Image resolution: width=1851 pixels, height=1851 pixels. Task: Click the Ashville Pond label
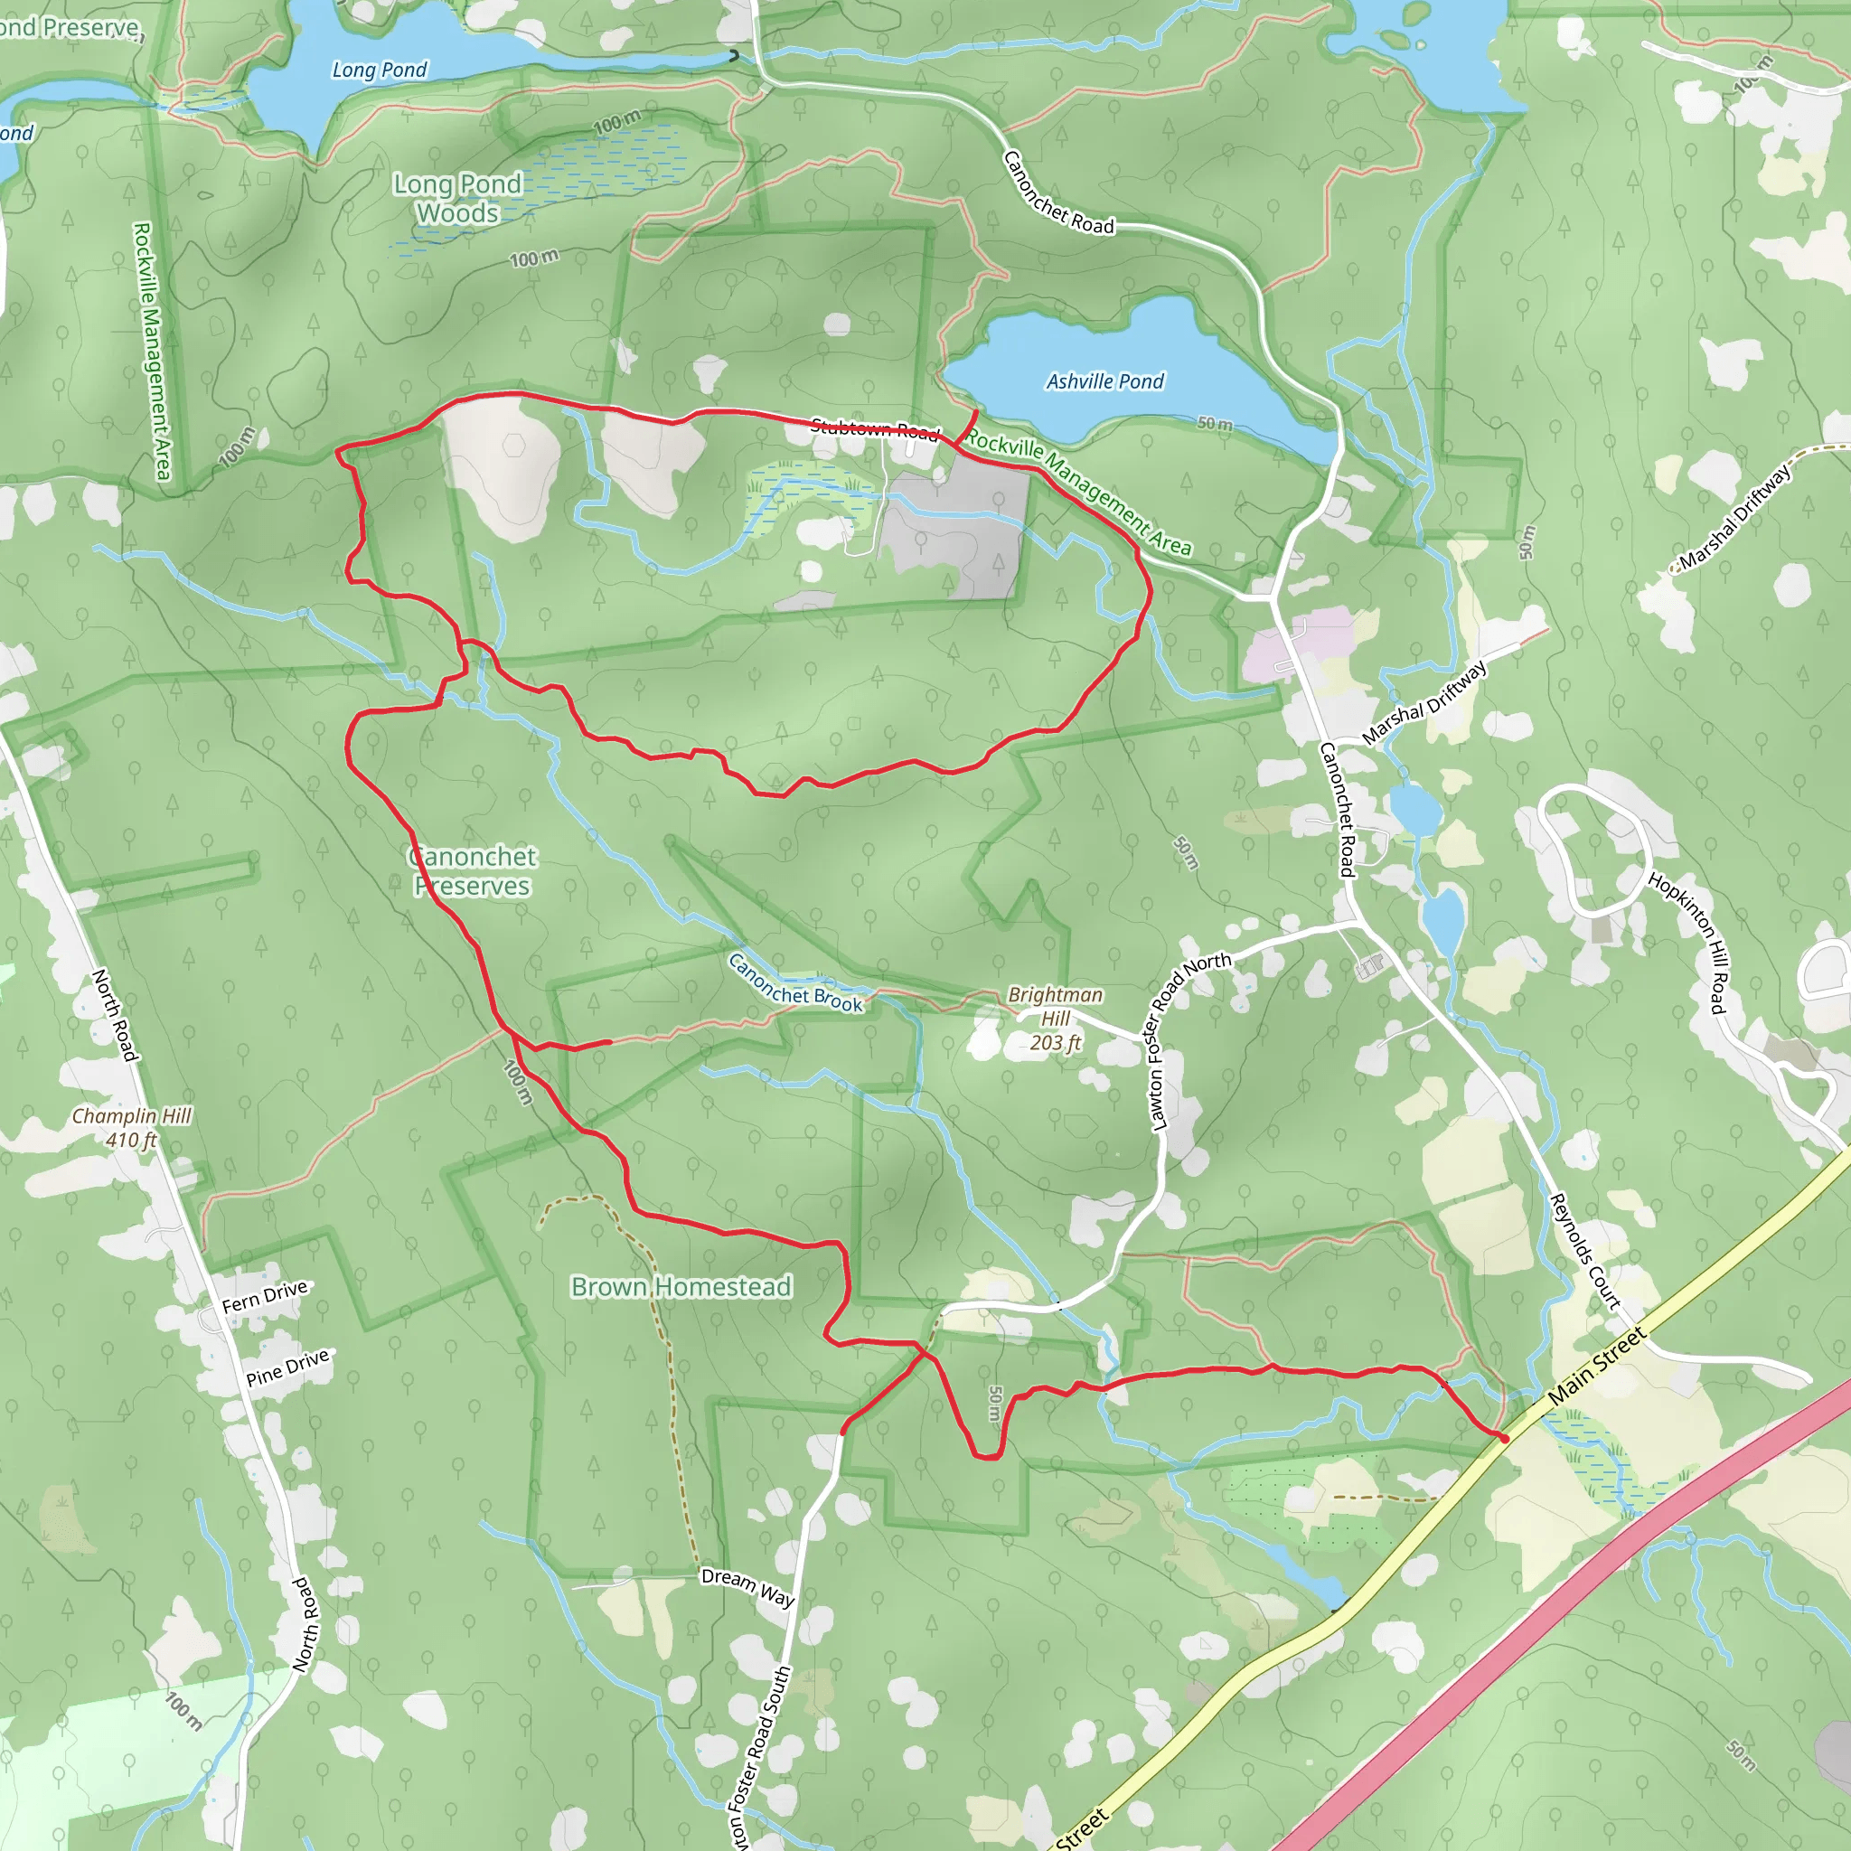pos(1104,381)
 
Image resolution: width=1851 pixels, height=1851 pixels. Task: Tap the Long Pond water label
pos(380,70)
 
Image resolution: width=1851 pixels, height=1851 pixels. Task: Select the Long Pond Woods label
pos(458,198)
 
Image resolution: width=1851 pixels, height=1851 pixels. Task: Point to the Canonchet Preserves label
pos(473,871)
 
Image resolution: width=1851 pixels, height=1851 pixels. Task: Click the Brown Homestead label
pos(681,1287)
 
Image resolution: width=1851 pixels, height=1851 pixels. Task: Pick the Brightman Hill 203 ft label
pos(1055,1019)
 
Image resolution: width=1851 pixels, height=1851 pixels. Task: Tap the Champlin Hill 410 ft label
pos(131,1128)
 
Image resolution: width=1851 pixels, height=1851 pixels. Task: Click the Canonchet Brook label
pos(795,983)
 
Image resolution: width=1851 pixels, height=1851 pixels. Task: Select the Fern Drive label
pos(265,1296)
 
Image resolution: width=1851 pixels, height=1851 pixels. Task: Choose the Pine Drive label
pos(287,1367)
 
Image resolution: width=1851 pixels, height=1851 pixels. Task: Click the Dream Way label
pos(747,1586)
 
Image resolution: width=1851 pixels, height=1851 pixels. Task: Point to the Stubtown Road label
pos(874,428)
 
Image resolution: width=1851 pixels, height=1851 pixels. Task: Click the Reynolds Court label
pos(1584,1251)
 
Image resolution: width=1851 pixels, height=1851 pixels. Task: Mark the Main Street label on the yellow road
pos(1597,1366)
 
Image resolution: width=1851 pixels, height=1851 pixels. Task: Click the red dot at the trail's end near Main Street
pos(1504,1438)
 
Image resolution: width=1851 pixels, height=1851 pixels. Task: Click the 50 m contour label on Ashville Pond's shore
pos(1215,424)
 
